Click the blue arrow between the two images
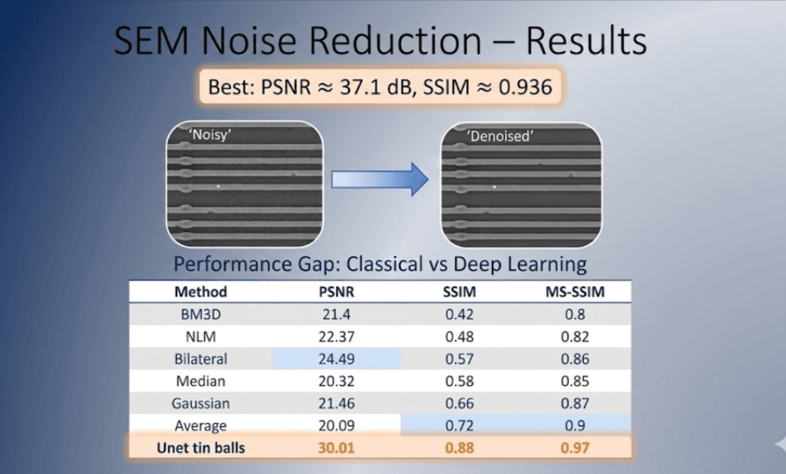click(379, 181)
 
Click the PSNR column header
click(336, 292)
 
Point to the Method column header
click(200, 292)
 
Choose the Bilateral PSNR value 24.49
click(336, 359)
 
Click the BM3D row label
click(200, 314)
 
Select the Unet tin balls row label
click(200, 449)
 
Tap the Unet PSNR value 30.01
click(336, 449)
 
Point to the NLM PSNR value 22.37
click(336, 336)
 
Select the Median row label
click(200, 381)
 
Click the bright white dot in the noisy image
click(219, 186)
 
